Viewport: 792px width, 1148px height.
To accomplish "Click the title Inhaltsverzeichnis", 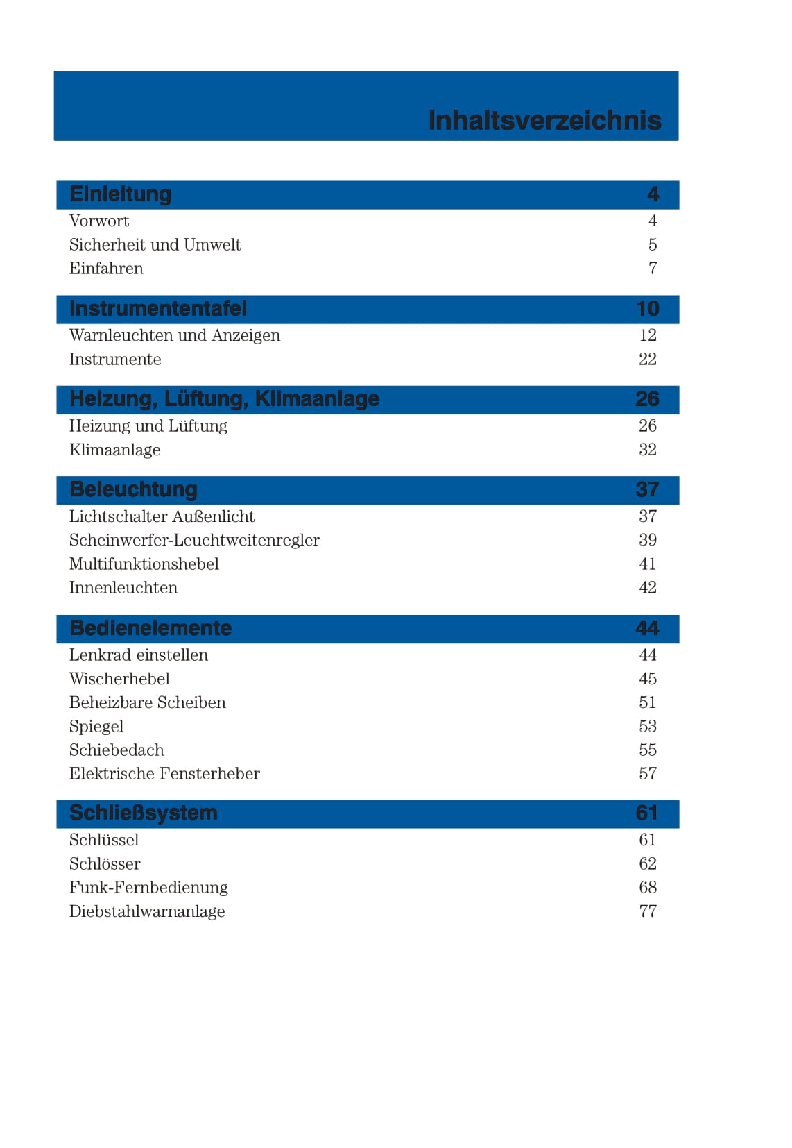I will (x=544, y=120).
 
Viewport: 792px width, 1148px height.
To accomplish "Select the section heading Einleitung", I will (x=120, y=194).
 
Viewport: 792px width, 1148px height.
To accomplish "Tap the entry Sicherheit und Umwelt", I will (x=155, y=245).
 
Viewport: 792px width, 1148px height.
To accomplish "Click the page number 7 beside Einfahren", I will (x=652, y=269).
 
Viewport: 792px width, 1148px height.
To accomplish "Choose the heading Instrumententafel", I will (x=158, y=309).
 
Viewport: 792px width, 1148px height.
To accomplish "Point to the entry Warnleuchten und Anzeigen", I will (x=174, y=336).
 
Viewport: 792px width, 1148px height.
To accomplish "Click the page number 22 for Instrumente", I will (x=647, y=360).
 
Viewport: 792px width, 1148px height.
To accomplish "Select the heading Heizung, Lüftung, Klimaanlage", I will (x=224, y=399).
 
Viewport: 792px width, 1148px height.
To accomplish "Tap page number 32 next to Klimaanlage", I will (x=647, y=450).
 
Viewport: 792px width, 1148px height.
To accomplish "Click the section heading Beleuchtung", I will (x=133, y=490).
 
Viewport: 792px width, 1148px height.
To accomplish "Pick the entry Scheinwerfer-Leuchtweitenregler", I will (x=194, y=540).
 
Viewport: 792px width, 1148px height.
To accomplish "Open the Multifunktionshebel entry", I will (x=144, y=564).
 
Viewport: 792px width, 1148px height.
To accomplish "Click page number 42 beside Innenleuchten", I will (x=647, y=588).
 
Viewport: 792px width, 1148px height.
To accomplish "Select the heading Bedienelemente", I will (x=150, y=629).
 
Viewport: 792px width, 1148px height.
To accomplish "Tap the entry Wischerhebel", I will (x=119, y=679).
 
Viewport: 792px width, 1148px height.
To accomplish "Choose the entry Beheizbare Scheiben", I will (x=147, y=702).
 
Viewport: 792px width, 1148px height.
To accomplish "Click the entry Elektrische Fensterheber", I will (x=164, y=774).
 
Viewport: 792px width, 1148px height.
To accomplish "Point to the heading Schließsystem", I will (x=143, y=813).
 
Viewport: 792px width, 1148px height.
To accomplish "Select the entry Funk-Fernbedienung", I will (x=148, y=888).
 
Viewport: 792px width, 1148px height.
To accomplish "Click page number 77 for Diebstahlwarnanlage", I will (x=647, y=911).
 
